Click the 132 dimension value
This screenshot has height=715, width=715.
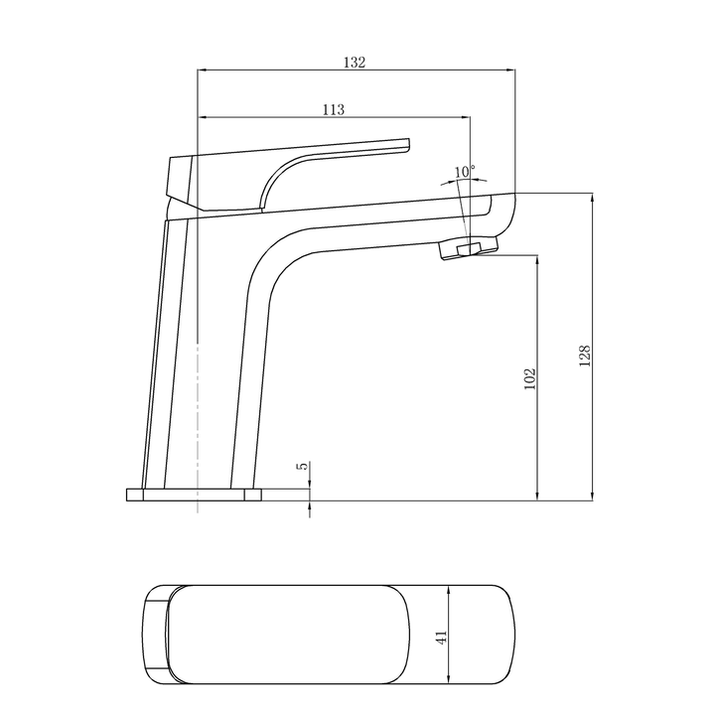tap(355, 62)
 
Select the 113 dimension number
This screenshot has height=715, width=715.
tap(334, 109)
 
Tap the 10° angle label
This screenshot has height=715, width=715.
tap(464, 172)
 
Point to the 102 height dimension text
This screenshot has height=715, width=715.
tap(529, 377)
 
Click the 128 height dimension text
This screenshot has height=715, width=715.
tap(585, 356)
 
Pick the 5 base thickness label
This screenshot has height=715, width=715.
tap(302, 466)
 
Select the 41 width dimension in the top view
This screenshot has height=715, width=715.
tap(442, 636)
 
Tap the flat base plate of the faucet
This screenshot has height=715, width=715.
tap(194, 495)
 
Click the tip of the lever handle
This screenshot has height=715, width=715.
tap(405, 145)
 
